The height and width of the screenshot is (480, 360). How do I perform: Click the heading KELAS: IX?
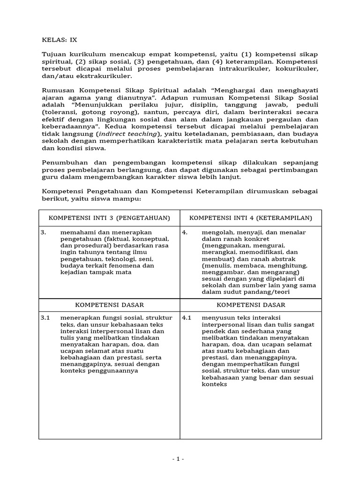point(59,40)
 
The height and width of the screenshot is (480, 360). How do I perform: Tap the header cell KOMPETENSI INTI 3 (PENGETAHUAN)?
point(109,218)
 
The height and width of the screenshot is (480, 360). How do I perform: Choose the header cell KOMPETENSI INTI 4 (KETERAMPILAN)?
point(250,218)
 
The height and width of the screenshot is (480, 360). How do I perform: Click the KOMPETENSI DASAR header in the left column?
point(109,305)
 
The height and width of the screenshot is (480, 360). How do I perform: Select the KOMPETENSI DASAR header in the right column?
point(250,305)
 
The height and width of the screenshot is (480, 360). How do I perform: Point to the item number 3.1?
point(45,318)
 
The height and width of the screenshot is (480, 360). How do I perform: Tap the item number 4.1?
point(187,318)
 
